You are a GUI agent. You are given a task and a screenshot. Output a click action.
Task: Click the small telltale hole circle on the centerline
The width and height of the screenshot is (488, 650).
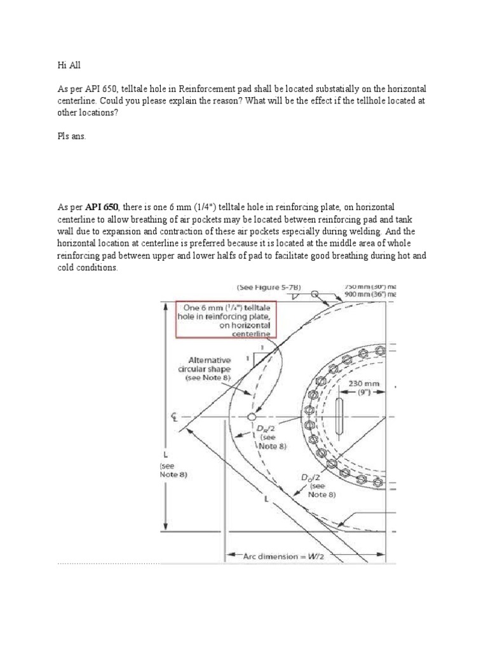tap(252, 416)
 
